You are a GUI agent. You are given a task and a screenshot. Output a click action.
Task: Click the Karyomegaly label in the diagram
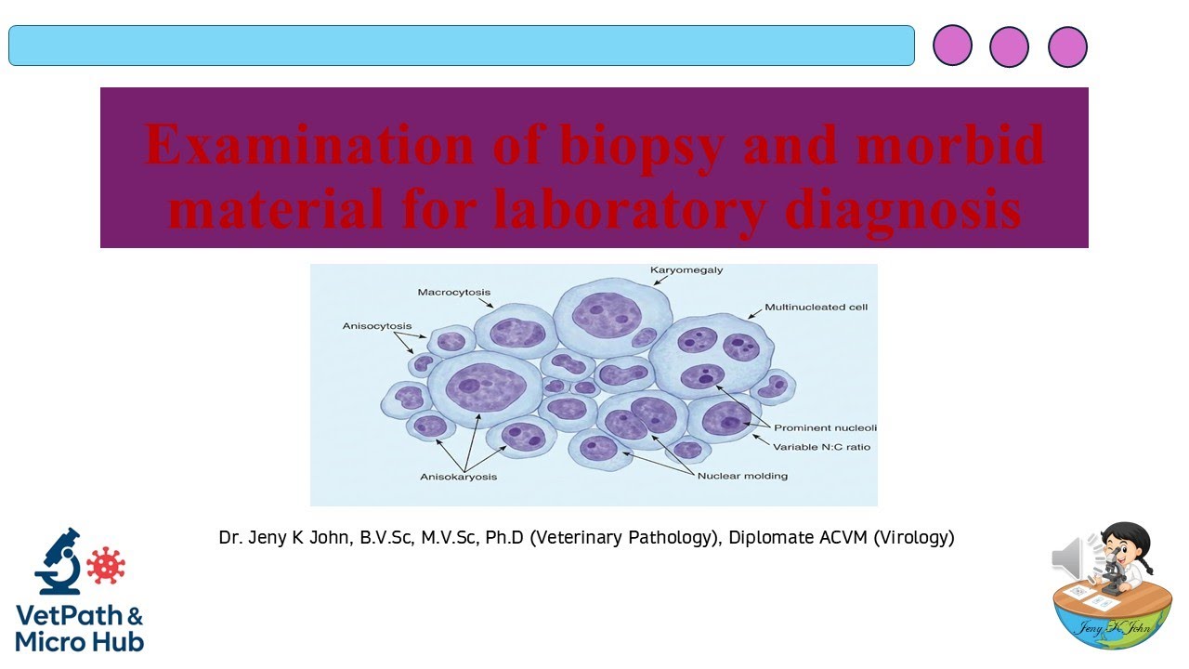pos(686,270)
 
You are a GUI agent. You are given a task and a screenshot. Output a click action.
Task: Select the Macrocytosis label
pos(453,293)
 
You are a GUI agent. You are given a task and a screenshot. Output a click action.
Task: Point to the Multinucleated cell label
pos(816,307)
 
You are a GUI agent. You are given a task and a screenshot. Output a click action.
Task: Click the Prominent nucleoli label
pos(825,428)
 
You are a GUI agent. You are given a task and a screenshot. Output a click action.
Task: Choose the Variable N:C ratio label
pos(821,447)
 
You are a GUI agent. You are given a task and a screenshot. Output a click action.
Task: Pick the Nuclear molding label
pos(742,476)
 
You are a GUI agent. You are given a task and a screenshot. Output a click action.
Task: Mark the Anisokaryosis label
pos(458,477)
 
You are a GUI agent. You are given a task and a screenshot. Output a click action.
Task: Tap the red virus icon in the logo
pos(105,565)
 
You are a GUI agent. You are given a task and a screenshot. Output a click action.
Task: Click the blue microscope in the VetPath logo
pos(58,561)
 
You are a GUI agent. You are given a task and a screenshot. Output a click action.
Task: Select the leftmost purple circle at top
pos(952,46)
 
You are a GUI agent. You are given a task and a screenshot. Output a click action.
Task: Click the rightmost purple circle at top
pos(1067,46)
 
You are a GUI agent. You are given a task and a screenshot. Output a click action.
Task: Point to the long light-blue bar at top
pos(462,46)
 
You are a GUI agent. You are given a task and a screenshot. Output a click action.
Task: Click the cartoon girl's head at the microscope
pos(1125,541)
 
